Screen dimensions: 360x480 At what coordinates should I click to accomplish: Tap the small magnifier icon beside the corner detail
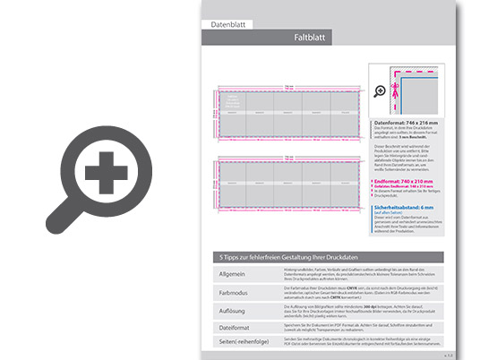pyautogui.click(x=380, y=91)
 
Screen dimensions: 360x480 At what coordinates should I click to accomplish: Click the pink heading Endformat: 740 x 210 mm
pyautogui.click(x=409, y=179)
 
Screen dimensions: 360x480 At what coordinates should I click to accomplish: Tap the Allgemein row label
pyautogui.click(x=233, y=271)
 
